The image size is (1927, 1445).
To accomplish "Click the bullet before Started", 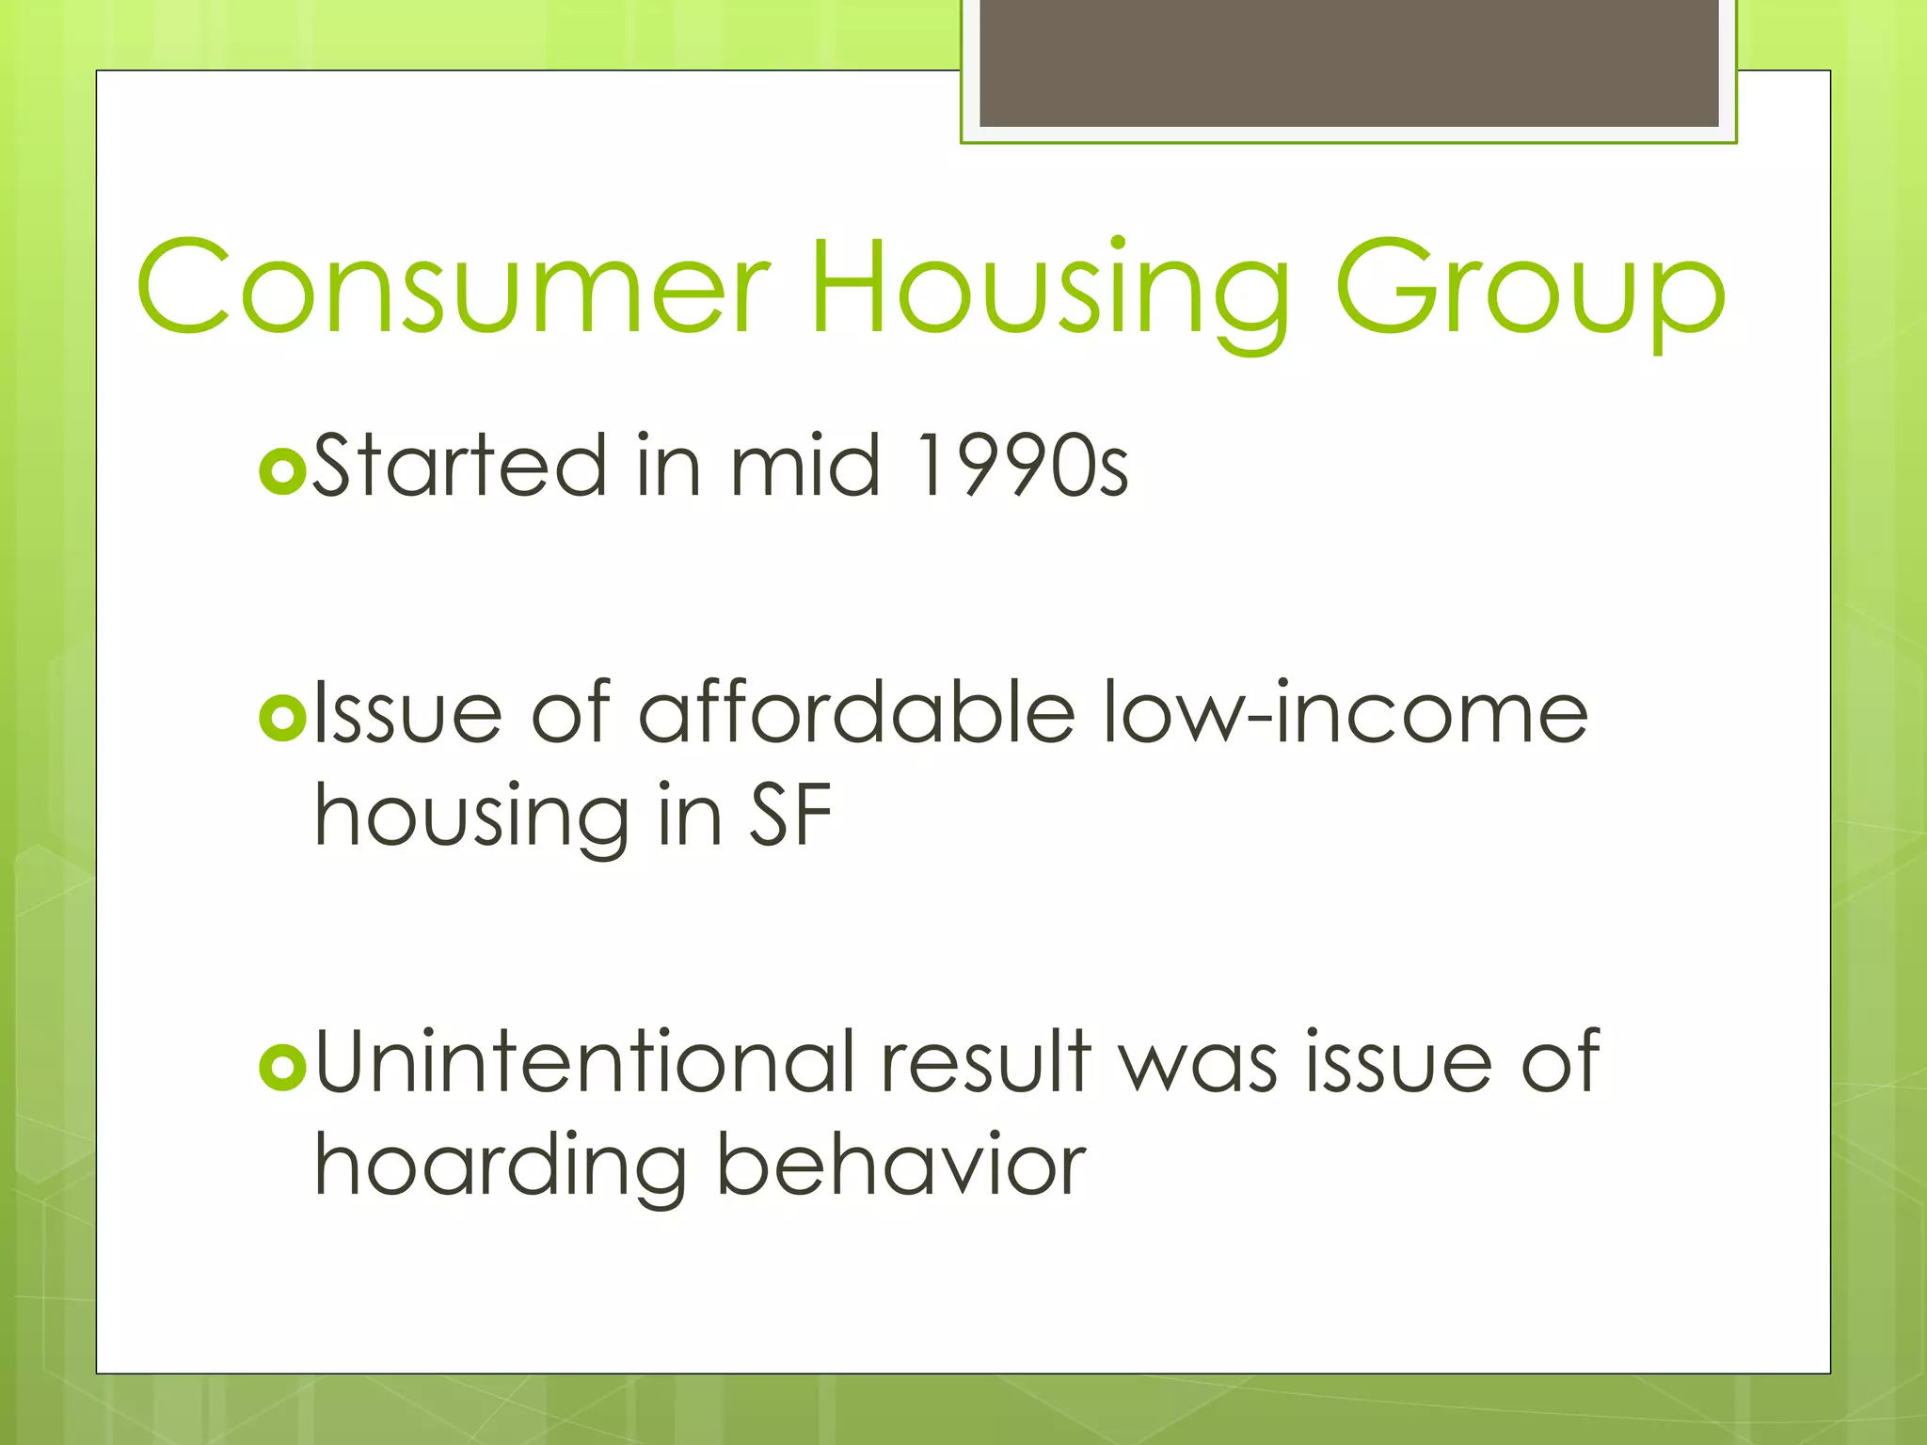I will pos(281,469).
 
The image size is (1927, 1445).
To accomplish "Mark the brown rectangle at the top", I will pos(1348,62).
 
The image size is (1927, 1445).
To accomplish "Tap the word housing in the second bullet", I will pos(470,817).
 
